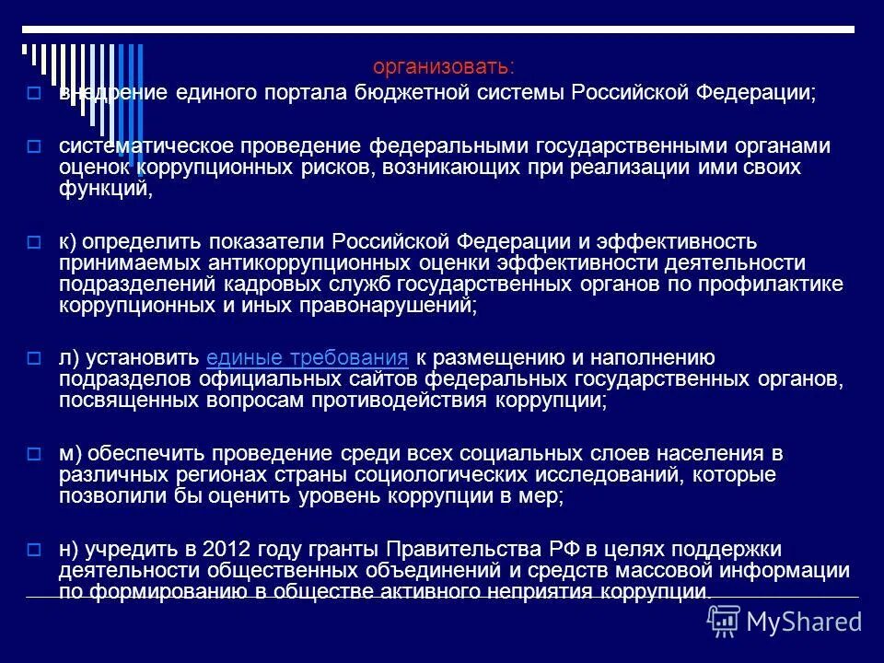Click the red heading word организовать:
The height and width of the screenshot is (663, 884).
point(444,68)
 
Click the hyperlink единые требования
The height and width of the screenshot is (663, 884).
point(308,357)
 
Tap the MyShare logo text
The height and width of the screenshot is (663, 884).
point(804,620)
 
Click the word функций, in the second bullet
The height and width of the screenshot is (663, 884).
point(103,190)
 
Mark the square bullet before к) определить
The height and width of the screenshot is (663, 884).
point(33,242)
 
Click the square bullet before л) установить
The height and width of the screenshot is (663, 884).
point(33,359)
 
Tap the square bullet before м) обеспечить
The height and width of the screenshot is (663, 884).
point(33,455)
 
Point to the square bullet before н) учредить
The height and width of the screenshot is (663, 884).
point(33,551)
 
